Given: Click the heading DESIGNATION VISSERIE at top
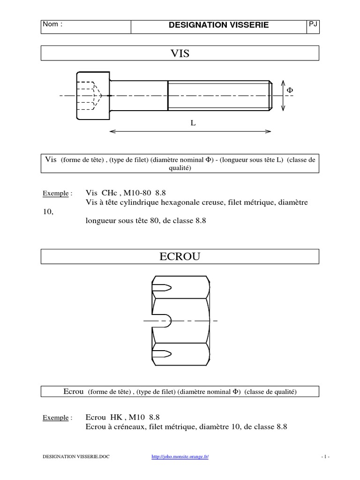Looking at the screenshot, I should [x=218, y=25].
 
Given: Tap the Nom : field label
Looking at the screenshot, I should [x=52, y=24].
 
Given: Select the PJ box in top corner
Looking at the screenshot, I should [x=313, y=24].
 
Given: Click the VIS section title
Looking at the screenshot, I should [x=180, y=53].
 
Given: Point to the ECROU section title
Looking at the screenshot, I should [x=180, y=256].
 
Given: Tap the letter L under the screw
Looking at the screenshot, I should [x=193, y=123].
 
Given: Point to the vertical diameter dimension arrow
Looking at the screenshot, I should [x=283, y=96].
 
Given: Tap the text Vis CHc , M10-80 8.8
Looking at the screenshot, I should [x=126, y=193].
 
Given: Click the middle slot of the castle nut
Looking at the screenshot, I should [x=163, y=321].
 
